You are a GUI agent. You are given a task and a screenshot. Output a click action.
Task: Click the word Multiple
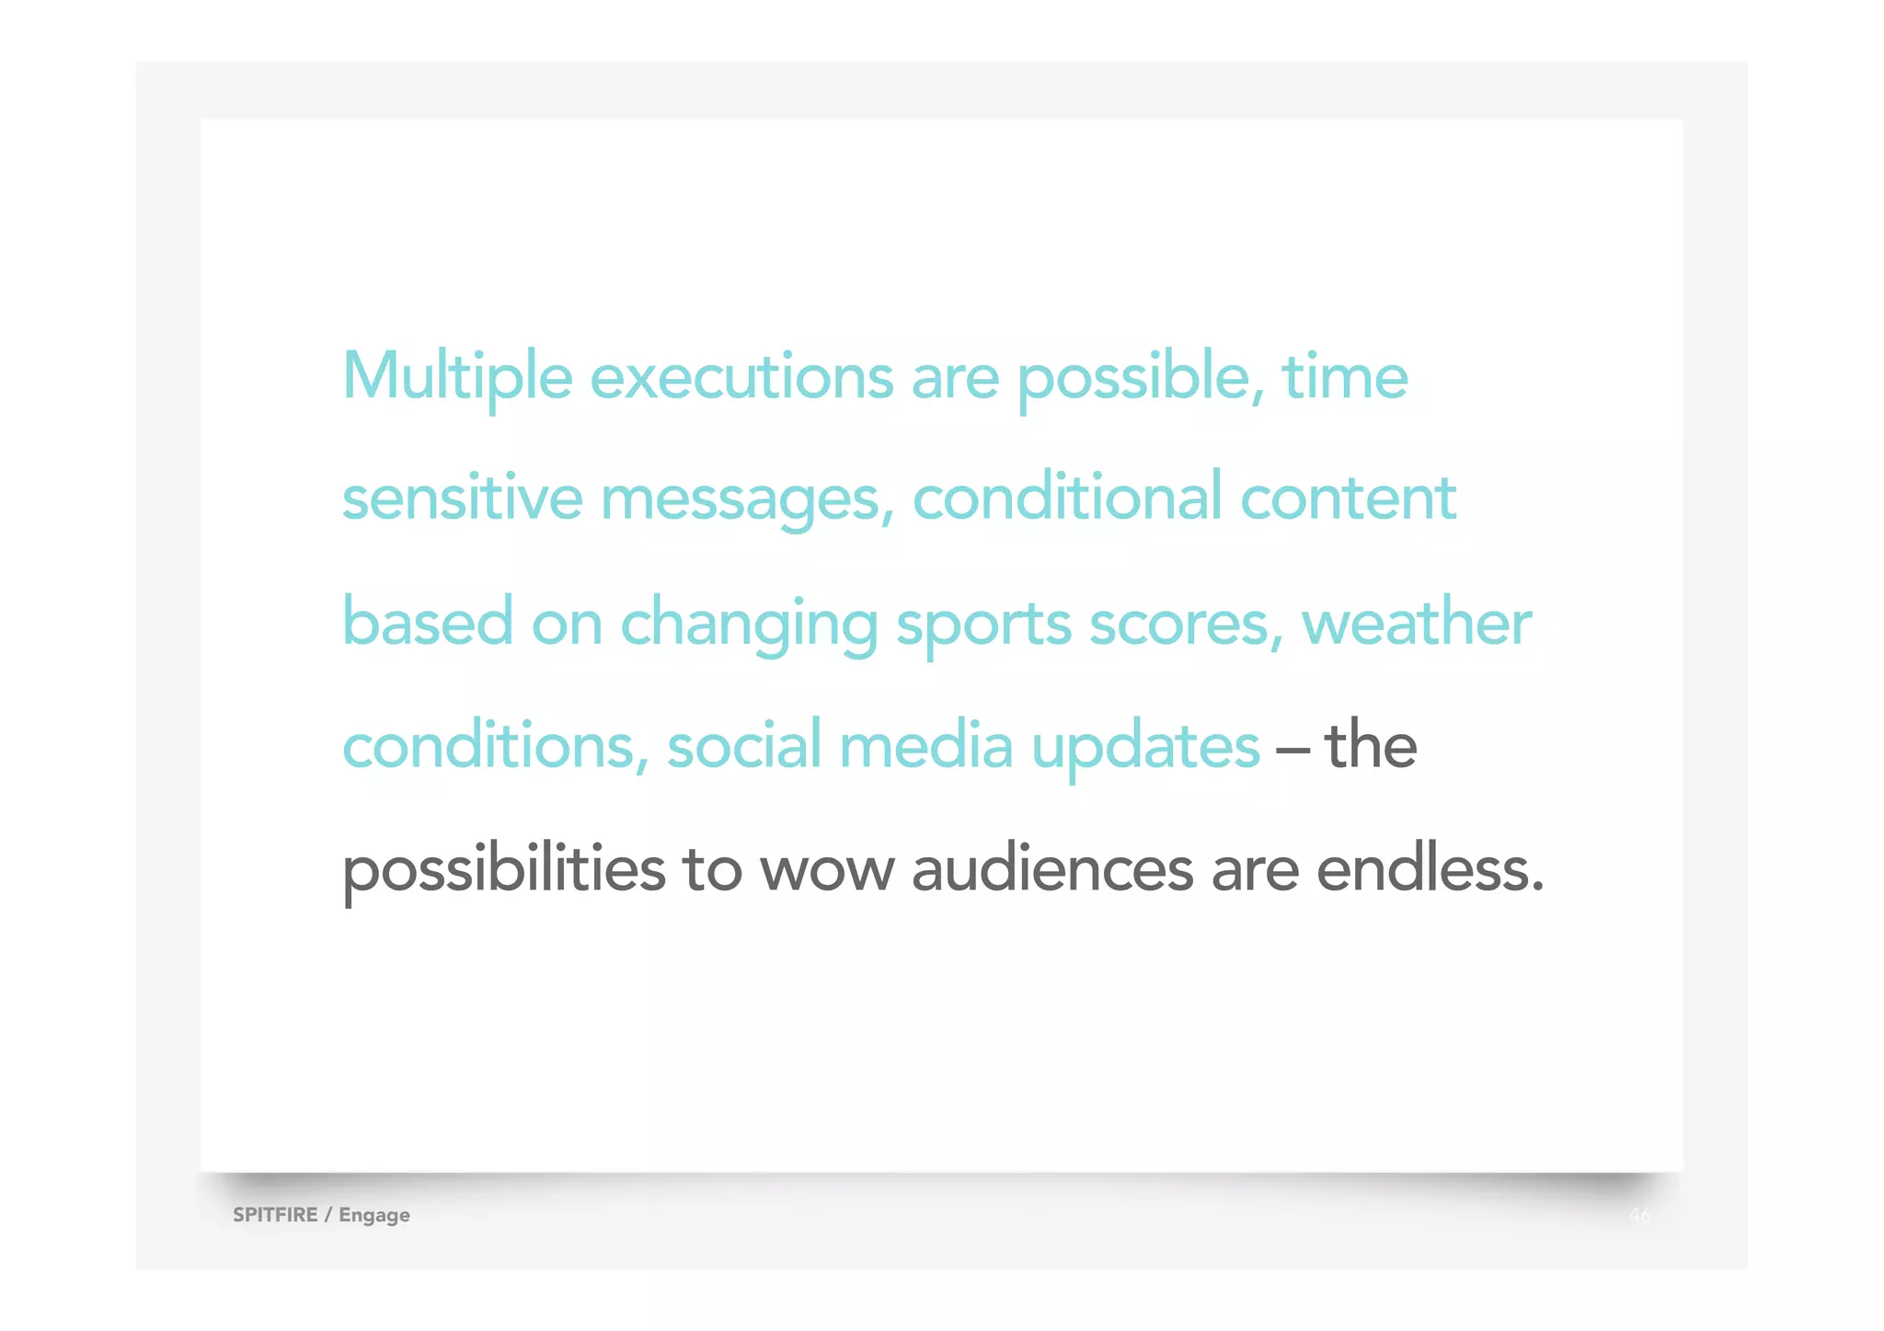pyautogui.click(x=457, y=376)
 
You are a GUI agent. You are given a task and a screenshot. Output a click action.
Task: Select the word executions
pyautogui.click(x=741, y=376)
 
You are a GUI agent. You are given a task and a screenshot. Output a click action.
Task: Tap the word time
pyautogui.click(x=1344, y=376)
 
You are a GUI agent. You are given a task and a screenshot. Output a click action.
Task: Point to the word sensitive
pyautogui.click(x=462, y=498)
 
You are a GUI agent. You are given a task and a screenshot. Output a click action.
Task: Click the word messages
pyautogui.click(x=746, y=499)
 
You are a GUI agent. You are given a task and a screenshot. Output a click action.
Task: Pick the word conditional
pyautogui.click(x=1067, y=498)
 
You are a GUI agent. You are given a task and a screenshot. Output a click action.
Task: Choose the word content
pyautogui.click(x=1348, y=498)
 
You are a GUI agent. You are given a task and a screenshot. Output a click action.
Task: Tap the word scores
pyautogui.click(x=1185, y=623)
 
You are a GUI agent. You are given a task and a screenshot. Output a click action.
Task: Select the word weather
pyautogui.click(x=1416, y=623)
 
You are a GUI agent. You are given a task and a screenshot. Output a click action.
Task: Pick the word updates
pyautogui.click(x=1144, y=746)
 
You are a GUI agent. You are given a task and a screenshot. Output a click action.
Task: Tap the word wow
pyautogui.click(x=826, y=869)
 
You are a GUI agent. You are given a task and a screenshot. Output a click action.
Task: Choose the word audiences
pyautogui.click(x=1051, y=869)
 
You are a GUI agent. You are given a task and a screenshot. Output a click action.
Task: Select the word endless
pyautogui.click(x=1429, y=869)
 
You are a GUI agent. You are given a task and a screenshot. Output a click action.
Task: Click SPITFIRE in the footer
pyautogui.click(x=275, y=1214)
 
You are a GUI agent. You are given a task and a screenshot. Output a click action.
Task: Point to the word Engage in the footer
pyautogui.click(x=374, y=1215)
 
